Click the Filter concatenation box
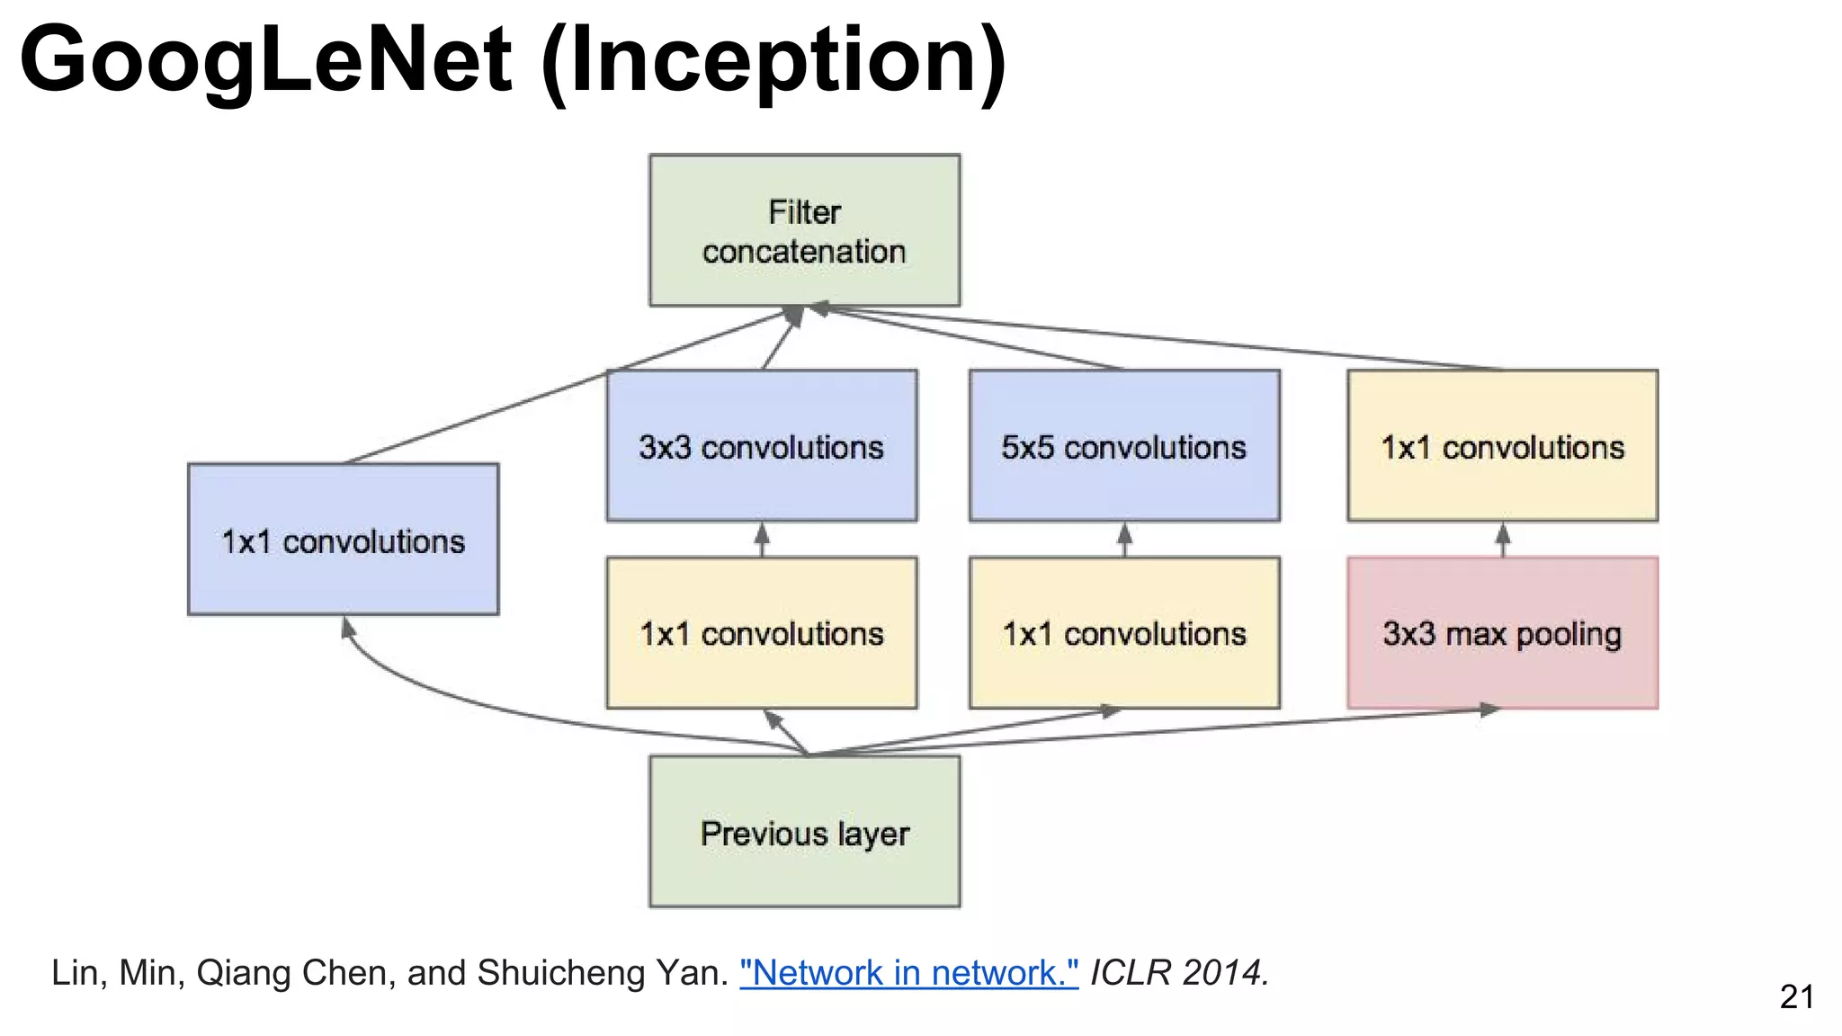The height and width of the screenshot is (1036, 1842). [804, 230]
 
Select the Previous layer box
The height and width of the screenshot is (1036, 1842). [804, 831]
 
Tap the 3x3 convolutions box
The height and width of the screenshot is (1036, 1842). [762, 446]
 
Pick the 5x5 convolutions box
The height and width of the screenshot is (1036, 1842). [1124, 446]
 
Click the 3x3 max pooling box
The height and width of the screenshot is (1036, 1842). [1502, 633]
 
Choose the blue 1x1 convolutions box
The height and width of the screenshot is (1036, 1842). [343, 540]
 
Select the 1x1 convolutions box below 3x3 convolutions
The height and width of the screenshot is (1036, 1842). [762, 633]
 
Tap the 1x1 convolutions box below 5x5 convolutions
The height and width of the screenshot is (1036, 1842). [1124, 633]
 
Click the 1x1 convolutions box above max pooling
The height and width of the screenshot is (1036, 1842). [1502, 446]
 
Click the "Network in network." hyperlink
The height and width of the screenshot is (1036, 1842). [908, 973]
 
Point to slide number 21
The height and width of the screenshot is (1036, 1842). [1796, 996]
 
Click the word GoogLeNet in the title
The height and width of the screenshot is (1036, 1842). [265, 61]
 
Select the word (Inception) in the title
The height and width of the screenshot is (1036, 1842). [773, 61]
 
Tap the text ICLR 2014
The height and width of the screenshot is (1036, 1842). [1179, 973]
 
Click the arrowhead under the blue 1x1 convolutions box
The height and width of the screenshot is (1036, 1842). [348, 627]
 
